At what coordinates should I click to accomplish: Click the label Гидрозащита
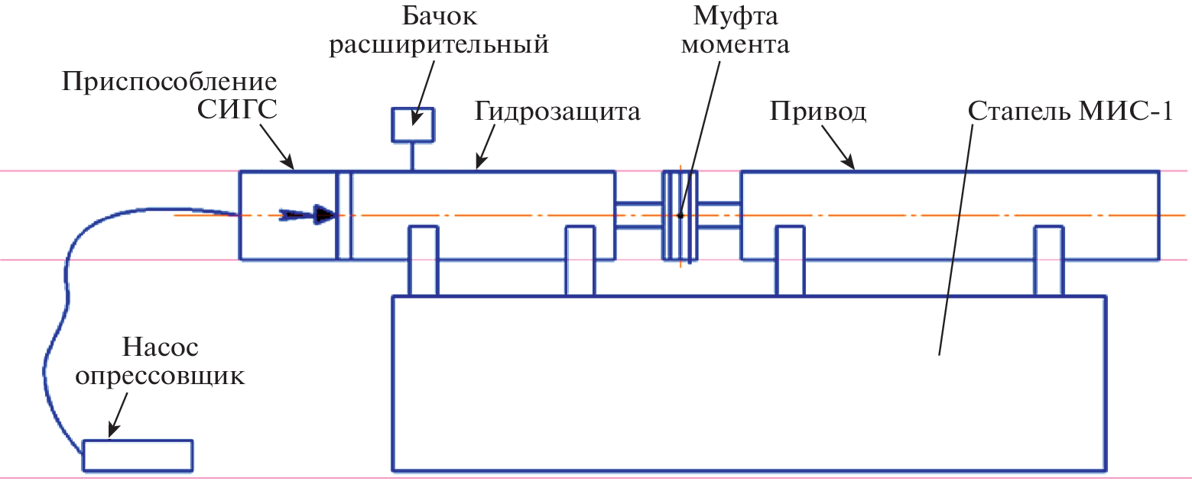pyautogui.click(x=557, y=111)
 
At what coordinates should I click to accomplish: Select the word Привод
pyautogui.click(x=817, y=111)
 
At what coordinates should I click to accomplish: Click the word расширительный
pyautogui.click(x=438, y=44)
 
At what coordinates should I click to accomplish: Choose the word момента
pyautogui.click(x=735, y=44)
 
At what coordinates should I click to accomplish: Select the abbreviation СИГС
pyautogui.click(x=237, y=111)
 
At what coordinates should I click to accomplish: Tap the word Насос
pyautogui.click(x=161, y=347)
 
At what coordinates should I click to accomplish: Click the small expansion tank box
pyautogui.click(x=413, y=125)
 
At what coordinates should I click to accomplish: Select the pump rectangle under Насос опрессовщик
pyautogui.click(x=138, y=455)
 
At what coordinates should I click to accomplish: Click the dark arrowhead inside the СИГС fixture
pyautogui.click(x=326, y=215)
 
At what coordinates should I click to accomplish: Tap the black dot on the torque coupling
pyautogui.click(x=679, y=216)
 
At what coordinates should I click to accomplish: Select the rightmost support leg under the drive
pyautogui.click(x=1048, y=260)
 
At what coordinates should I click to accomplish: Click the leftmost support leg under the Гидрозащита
pyautogui.click(x=424, y=260)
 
